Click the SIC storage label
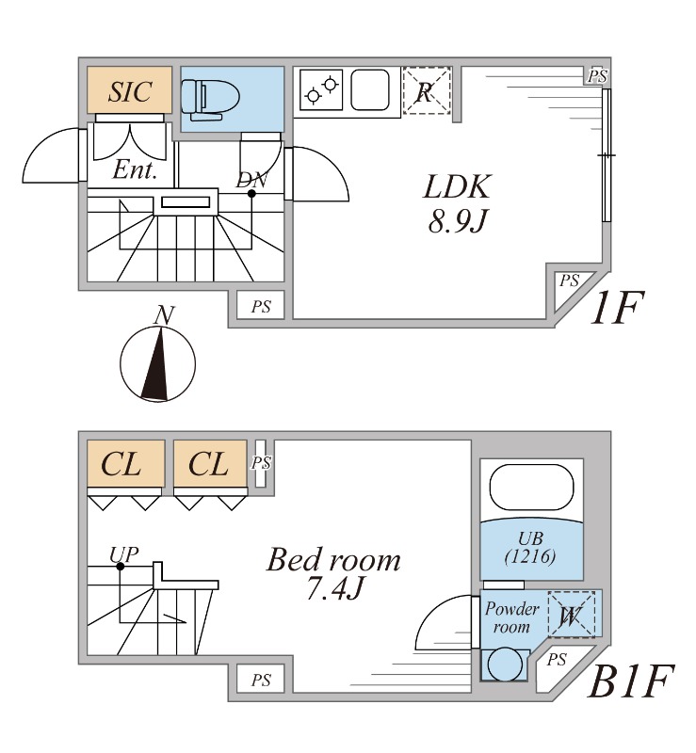(x=130, y=91)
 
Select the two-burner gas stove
(x=321, y=89)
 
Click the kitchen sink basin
(x=369, y=89)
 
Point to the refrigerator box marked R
(x=427, y=90)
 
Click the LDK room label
(x=458, y=186)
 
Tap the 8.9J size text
(x=458, y=221)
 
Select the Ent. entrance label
(x=135, y=169)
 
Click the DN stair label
(x=251, y=180)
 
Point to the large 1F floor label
(x=617, y=308)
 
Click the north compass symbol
(x=157, y=363)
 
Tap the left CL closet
(x=126, y=464)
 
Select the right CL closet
(x=210, y=464)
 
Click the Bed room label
(x=333, y=560)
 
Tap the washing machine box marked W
(x=572, y=614)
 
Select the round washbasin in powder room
(x=505, y=665)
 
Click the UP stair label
(x=124, y=554)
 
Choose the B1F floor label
(x=629, y=681)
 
